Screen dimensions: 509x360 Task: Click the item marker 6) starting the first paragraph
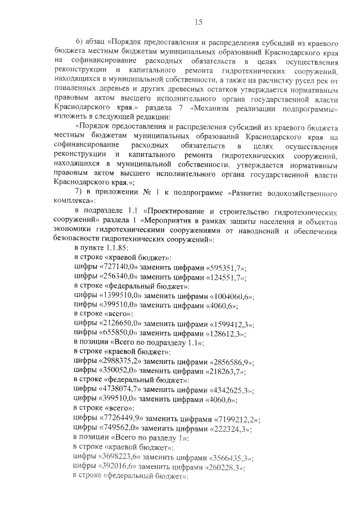pos(79,42)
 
